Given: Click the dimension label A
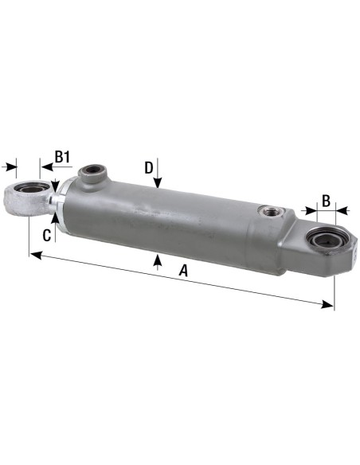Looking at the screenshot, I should click(184, 272).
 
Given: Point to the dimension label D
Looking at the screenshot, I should click(148, 167).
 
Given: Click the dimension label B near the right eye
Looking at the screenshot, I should click(325, 199).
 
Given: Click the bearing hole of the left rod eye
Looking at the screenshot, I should click(27, 193).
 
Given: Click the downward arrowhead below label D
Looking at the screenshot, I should click(158, 185).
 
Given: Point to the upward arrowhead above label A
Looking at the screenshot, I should click(158, 259).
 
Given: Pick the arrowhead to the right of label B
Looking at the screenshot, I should click(343, 211).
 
